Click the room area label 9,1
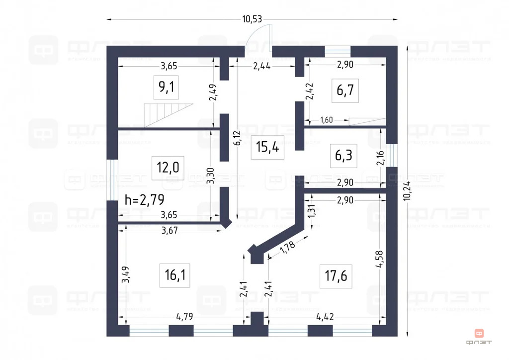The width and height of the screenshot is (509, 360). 167,88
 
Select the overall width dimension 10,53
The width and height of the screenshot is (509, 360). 252,19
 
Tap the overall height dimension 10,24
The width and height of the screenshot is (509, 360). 407,189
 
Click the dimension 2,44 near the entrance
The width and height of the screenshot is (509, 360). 262,66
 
